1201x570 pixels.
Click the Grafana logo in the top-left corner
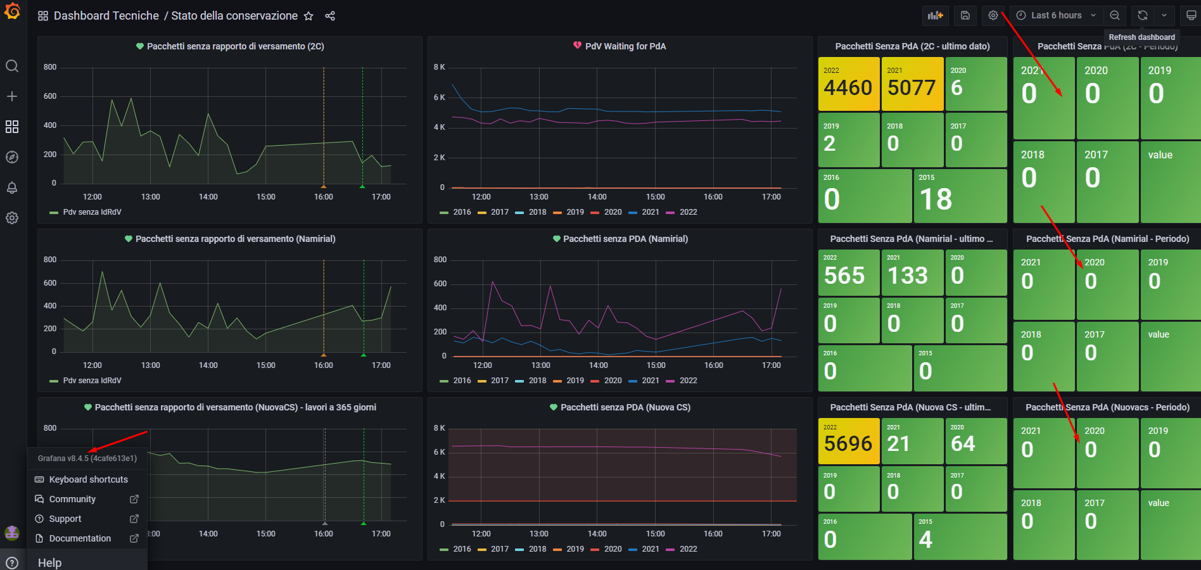(12, 11)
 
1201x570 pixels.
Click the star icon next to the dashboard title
(308, 16)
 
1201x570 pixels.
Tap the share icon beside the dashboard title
(330, 16)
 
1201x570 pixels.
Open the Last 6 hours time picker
(1055, 15)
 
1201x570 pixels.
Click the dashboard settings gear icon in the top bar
(993, 15)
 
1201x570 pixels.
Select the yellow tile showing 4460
(848, 84)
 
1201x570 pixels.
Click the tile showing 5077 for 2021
(912, 84)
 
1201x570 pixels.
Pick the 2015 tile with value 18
(959, 196)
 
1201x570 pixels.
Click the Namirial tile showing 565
(848, 272)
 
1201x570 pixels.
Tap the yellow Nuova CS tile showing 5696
(848, 441)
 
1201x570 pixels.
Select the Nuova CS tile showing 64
(975, 441)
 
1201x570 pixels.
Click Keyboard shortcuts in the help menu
(88, 479)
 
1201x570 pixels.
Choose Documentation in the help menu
(80, 538)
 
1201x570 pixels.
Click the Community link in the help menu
(72, 499)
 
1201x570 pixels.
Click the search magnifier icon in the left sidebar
(12, 66)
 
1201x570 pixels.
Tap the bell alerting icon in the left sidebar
(12, 187)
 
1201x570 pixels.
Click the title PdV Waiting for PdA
(625, 46)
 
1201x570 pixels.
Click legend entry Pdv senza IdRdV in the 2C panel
(92, 212)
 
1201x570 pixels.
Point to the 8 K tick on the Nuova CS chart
(439, 428)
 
